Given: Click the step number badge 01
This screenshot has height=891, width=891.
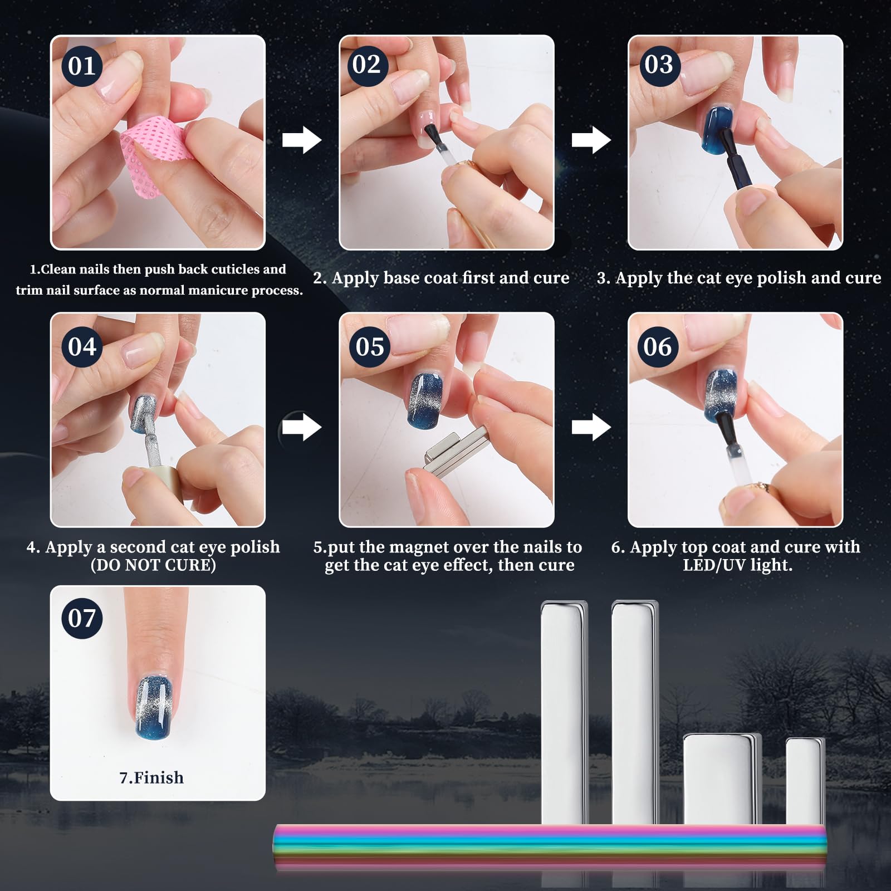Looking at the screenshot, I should pyautogui.click(x=82, y=66).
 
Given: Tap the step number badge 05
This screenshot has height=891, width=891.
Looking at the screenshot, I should pyautogui.click(x=370, y=346).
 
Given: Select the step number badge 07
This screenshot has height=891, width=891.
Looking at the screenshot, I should pyautogui.click(x=82, y=618).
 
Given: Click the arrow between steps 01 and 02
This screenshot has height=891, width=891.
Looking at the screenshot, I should pyautogui.click(x=302, y=140).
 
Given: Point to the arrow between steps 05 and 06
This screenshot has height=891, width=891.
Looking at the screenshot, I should pyautogui.click(x=591, y=427).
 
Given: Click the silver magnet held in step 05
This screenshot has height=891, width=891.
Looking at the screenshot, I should pyautogui.click(x=454, y=454).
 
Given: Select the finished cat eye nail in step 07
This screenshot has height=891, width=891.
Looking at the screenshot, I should pyautogui.click(x=156, y=707).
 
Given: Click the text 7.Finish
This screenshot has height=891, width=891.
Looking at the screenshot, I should pyautogui.click(x=151, y=777).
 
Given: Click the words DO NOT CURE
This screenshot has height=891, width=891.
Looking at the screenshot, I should pyautogui.click(x=153, y=565).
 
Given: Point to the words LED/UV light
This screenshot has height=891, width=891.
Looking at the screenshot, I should pyautogui.click(x=737, y=565).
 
